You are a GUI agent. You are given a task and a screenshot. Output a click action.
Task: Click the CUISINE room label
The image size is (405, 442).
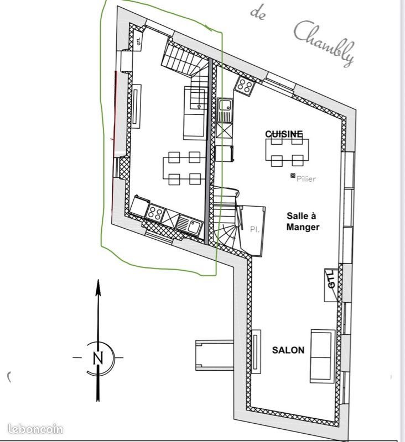pos(284,134)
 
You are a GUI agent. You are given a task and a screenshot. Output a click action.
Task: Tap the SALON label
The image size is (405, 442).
pos(288,350)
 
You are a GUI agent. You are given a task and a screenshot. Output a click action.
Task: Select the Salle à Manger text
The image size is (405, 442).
pos(303,222)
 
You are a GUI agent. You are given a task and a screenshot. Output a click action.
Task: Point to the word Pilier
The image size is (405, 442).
pos(306,178)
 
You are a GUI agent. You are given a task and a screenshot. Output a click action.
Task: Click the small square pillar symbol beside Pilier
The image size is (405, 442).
pos(292,176)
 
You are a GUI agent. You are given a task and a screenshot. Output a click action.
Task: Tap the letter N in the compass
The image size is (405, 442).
pos(98,357)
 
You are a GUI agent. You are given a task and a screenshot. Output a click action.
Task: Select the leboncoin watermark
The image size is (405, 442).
pos(36,429)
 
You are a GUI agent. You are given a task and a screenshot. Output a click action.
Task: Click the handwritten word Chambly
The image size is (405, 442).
pos(323,43)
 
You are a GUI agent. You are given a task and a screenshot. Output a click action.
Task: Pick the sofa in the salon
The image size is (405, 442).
pos(323,355)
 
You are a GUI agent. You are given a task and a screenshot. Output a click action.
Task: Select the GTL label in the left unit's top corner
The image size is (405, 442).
pos(138,39)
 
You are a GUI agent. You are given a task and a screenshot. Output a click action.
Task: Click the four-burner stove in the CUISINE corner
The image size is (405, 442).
pos(244,86)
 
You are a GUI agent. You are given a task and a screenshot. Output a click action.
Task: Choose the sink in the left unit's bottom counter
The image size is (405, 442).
pos(193,224)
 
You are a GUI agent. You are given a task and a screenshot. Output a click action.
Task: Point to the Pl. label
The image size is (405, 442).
pos(255,229)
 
